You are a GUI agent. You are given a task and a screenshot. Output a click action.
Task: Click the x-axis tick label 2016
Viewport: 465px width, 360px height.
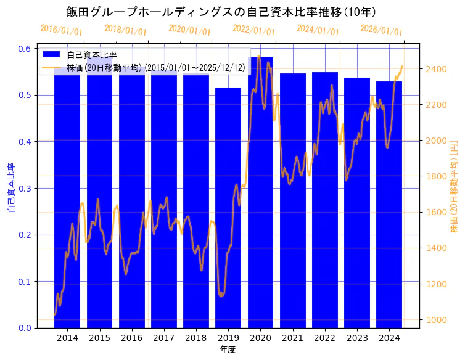pos(131,338)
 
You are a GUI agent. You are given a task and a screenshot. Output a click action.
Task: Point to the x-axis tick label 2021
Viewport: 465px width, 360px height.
pos(292,338)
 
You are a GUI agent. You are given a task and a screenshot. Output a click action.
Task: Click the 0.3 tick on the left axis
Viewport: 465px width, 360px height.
pos(25,188)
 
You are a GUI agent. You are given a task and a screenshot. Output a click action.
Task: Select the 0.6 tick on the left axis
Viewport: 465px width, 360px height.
pos(25,49)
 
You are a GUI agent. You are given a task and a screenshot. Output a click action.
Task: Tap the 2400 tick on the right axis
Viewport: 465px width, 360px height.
pos(434,69)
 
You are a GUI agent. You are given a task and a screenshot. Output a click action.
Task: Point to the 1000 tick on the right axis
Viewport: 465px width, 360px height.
pos(434,320)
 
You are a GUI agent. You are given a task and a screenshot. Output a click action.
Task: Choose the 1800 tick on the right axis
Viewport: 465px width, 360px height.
pos(434,176)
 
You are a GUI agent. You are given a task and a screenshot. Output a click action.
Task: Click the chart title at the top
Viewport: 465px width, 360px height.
pos(221,12)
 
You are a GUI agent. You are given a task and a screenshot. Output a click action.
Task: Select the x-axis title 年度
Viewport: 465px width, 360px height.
pos(228,350)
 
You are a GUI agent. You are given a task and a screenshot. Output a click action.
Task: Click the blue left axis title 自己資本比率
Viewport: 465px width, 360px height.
pos(10,188)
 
